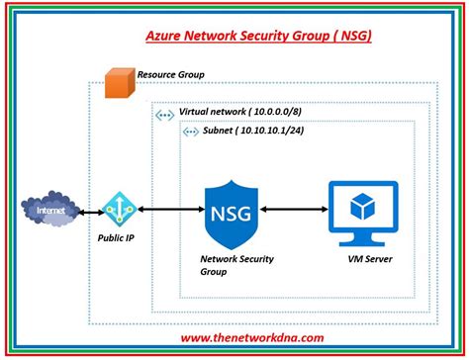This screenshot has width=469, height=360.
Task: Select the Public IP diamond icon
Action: [x=117, y=209]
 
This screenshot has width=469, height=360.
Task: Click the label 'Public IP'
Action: [x=117, y=238]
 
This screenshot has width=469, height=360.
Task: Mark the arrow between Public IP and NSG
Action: [x=172, y=210]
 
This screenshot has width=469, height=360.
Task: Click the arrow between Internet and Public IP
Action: [x=87, y=210]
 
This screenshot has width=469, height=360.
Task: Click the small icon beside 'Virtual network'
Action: [x=165, y=115]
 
